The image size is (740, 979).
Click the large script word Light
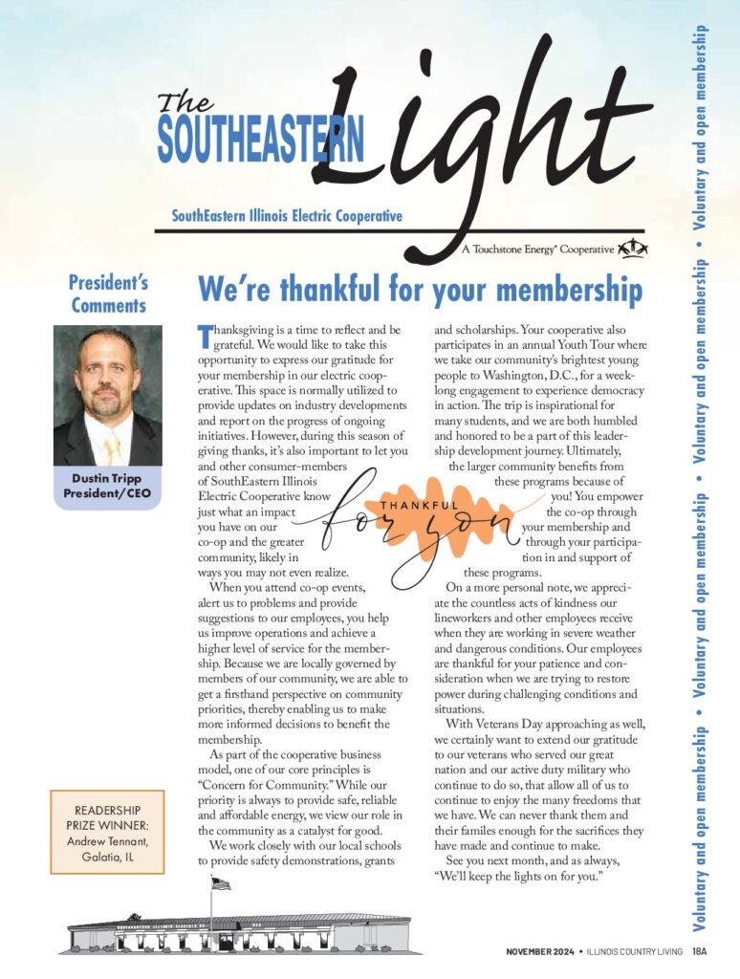coord(478,143)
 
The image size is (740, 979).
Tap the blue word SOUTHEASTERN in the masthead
coord(260,141)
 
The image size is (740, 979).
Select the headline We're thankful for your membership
coord(419,289)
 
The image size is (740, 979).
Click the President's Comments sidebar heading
coord(108,294)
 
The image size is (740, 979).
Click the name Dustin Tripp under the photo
coord(108,478)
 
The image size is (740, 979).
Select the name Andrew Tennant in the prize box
coord(108,841)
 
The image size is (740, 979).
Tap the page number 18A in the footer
coord(700,951)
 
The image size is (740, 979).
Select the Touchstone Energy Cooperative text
coord(537,250)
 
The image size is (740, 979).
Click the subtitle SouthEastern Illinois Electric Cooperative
coord(287,216)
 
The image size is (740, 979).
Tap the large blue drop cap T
coord(203,335)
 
